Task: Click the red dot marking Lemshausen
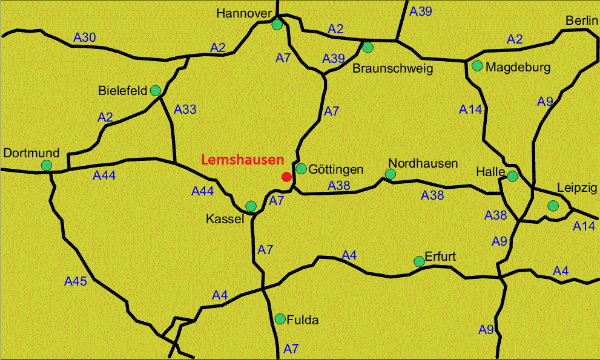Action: click(286, 177)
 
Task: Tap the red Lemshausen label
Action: click(242, 160)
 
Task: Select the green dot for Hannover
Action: click(277, 24)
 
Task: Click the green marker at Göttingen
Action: click(301, 168)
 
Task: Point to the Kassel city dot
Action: click(251, 206)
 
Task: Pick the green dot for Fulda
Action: click(280, 319)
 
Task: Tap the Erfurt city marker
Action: click(419, 261)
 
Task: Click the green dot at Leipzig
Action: click(553, 206)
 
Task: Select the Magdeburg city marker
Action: click(477, 65)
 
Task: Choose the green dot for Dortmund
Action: click(47, 165)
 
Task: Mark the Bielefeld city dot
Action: click(155, 91)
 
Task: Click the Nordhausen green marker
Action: click(390, 174)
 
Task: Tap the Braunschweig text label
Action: click(392, 68)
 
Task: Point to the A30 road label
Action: click(84, 38)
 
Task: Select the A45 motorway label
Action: click(76, 281)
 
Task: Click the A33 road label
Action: click(185, 110)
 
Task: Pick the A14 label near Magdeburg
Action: click(470, 110)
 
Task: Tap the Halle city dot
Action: click(512, 176)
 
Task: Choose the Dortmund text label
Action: click(31, 153)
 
